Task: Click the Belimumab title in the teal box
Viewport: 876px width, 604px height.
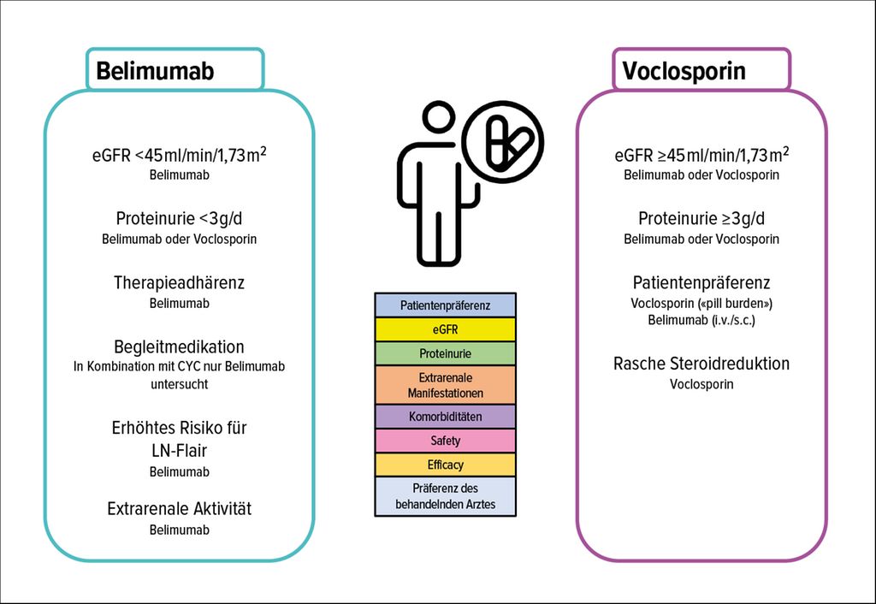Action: click(x=155, y=70)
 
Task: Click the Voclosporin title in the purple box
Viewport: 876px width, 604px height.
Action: click(x=684, y=70)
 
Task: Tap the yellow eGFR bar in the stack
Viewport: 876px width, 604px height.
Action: click(x=445, y=329)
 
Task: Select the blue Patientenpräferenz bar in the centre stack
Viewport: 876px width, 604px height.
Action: click(x=445, y=305)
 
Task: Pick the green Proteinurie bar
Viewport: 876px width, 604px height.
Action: click(x=445, y=353)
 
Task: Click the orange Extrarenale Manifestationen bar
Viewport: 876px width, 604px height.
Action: click(x=445, y=385)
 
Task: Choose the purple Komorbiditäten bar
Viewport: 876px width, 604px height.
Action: click(x=445, y=417)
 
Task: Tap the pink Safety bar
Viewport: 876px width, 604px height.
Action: click(x=445, y=441)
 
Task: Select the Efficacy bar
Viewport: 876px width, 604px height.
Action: click(x=445, y=465)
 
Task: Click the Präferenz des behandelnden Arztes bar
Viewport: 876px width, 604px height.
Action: click(x=445, y=496)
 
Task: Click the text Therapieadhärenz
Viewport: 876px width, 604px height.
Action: click(x=179, y=282)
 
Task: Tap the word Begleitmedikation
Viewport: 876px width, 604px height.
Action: click(x=179, y=347)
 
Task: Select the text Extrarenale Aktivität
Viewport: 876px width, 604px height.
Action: click(x=179, y=509)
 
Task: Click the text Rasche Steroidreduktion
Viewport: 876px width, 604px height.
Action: click(x=701, y=364)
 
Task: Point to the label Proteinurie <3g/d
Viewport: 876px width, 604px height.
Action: click(x=179, y=218)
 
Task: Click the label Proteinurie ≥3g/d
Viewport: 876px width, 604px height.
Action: click(x=701, y=218)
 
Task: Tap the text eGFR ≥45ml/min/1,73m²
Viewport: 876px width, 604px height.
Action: click(x=701, y=155)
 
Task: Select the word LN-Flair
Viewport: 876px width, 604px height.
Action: click(x=179, y=448)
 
